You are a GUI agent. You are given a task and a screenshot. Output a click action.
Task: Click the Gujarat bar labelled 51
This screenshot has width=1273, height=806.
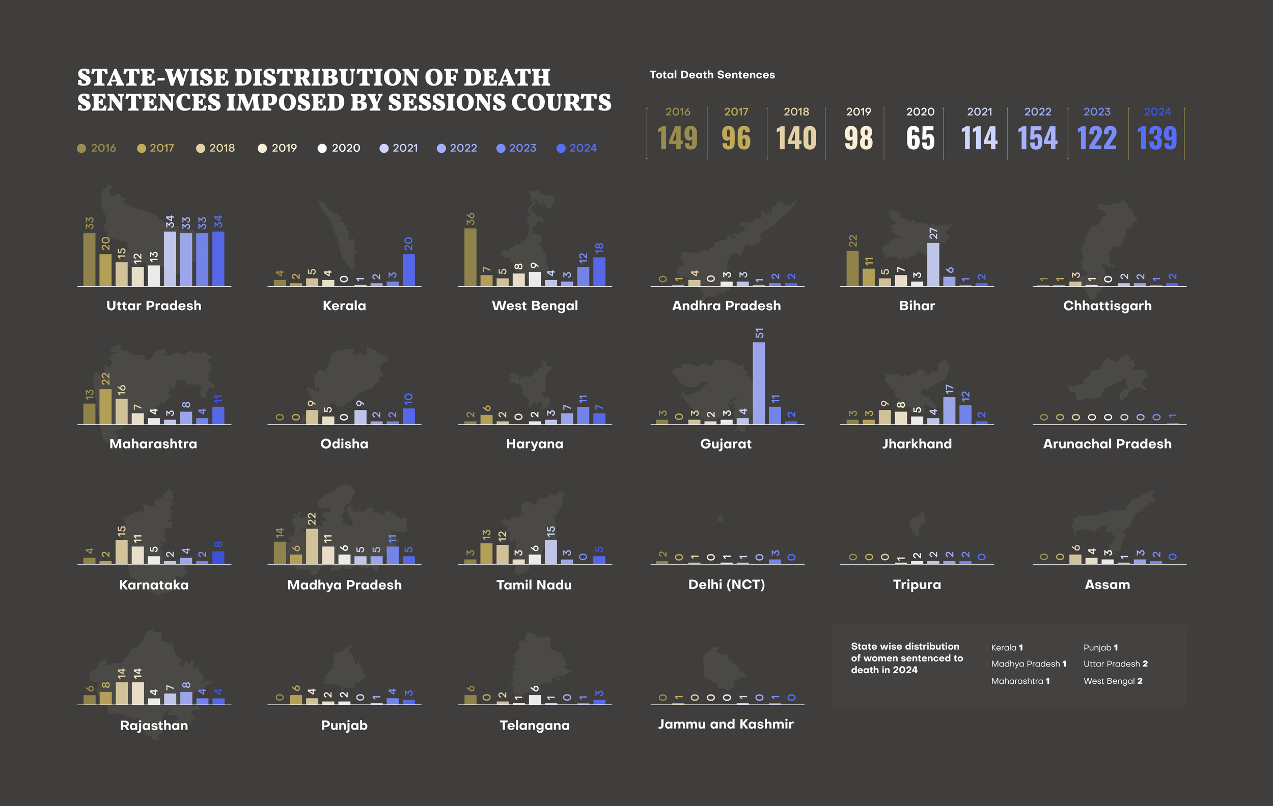pos(759,383)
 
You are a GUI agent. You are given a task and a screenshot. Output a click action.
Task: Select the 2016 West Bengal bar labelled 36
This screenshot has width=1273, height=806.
pos(470,258)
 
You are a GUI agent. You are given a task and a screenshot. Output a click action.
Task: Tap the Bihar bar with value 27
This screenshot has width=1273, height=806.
pos(933,265)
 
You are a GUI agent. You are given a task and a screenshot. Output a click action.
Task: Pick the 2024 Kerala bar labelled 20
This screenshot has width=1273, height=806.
pos(409,270)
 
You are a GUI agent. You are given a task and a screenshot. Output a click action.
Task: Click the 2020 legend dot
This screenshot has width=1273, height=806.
pos(322,149)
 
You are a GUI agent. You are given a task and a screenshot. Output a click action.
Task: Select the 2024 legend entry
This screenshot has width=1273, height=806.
pos(577,149)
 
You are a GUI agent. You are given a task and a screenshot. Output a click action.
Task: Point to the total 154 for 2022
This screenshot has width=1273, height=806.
pos(1037,138)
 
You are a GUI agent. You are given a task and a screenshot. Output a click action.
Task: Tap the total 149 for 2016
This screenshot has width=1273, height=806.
pos(677,138)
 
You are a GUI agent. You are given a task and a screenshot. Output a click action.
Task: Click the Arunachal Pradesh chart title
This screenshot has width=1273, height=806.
pos(1107,444)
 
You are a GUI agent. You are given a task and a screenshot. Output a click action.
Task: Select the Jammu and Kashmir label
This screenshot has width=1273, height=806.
pos(725,724)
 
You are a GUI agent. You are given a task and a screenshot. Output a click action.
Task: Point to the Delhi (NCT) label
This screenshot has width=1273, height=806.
pos(726,585)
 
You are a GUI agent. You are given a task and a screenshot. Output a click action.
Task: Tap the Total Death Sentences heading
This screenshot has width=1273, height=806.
pos(712,75)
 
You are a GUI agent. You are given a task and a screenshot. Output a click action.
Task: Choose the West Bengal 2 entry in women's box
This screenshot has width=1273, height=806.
pos(1113,681)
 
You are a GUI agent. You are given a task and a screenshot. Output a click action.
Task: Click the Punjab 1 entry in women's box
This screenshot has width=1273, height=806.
pos(1100,648)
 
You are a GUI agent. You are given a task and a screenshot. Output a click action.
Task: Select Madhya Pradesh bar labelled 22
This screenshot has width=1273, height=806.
pos(312,546)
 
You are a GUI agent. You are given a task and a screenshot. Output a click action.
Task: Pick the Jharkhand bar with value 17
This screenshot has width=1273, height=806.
pos(949,411)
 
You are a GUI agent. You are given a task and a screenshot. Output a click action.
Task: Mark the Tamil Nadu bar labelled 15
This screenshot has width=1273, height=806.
pos(550,552)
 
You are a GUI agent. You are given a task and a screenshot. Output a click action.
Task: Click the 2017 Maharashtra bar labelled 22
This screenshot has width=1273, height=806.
pos(106,406)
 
